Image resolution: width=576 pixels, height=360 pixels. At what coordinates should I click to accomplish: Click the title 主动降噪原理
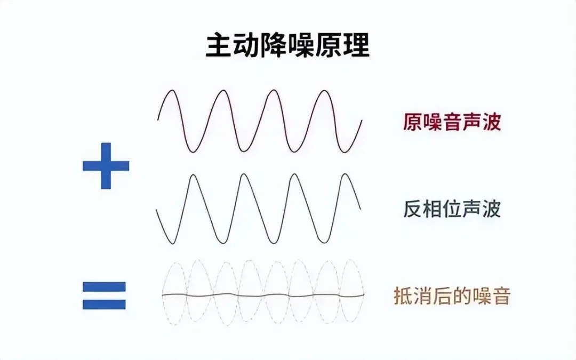click(287, 46)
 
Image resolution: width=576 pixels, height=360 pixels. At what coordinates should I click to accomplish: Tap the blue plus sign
click(106, 166)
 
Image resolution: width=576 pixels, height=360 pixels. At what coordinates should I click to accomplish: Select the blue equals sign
click(105, 295)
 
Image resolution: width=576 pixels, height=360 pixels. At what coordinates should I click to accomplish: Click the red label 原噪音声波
click(452, 122)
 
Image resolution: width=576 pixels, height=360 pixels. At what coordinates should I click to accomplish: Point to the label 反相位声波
click(452, 209)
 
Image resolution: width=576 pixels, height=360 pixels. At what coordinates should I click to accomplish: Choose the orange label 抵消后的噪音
click(452, 295)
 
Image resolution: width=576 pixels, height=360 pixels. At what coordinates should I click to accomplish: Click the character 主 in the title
click(219, 46)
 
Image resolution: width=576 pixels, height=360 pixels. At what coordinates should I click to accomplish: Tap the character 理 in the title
click(356, 46)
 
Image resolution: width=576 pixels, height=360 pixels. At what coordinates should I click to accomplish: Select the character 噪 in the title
click(301, 46)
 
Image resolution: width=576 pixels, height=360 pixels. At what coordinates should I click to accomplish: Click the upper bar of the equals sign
click(105, 286)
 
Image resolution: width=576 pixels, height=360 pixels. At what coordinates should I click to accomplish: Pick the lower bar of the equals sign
click(105, 305)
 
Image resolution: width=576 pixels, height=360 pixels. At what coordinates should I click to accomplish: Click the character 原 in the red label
click(412, 122)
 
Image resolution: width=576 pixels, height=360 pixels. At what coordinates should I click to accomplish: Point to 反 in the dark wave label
click(412, 209)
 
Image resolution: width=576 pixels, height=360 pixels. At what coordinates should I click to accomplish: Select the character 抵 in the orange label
click(403, 295)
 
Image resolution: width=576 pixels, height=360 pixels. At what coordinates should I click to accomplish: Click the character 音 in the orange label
click(501, 295)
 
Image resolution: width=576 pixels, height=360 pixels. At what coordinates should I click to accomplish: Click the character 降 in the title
click(274, 46)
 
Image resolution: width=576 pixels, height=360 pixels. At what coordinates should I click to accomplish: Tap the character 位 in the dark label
click(452, 209)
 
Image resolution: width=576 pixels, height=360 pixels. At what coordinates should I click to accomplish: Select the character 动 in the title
click(246, 46)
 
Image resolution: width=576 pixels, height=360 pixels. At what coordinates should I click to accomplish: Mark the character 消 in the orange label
click(423, 295)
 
